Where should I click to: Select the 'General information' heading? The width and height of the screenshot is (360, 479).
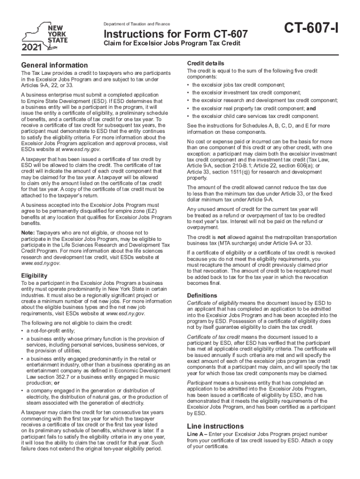tap(54, 65)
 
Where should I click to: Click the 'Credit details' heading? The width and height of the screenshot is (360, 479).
tap(206, 63)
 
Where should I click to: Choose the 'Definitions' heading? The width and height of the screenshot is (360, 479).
tap(202, 296)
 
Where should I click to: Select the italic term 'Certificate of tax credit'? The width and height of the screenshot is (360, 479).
tap(213, 337)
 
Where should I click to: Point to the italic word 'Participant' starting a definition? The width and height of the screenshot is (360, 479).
tap(199, 383)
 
